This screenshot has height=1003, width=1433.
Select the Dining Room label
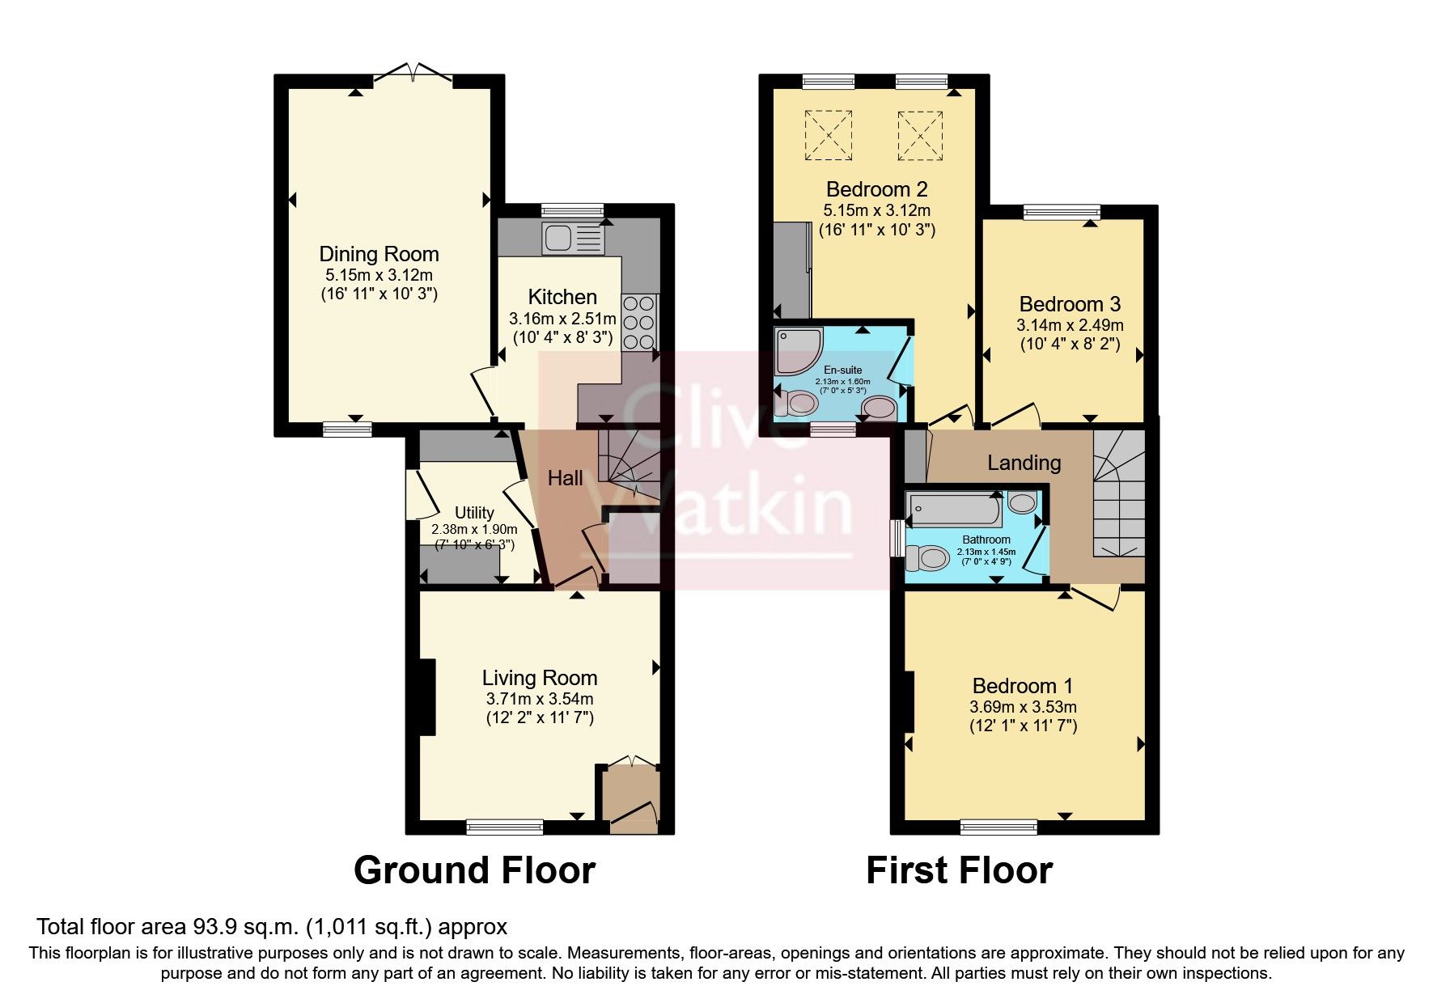point(379,254)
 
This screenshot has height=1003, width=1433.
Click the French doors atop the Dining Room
point(413,74)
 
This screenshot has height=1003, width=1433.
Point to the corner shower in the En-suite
point(798,349)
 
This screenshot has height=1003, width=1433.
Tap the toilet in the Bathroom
point(928,557)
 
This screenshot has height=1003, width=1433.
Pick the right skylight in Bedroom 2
point(921,135)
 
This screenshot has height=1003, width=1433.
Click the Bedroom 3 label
point(1069,304)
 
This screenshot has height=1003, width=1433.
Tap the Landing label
point(1024,463)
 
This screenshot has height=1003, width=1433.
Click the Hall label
point(565,478)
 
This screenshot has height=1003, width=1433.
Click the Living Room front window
point(504,826)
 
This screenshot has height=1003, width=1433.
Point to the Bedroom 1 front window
point(998,826)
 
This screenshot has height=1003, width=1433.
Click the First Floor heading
point(959,870)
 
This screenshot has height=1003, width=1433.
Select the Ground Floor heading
point(474,870)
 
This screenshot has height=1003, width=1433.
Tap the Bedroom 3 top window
point(1062,212)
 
